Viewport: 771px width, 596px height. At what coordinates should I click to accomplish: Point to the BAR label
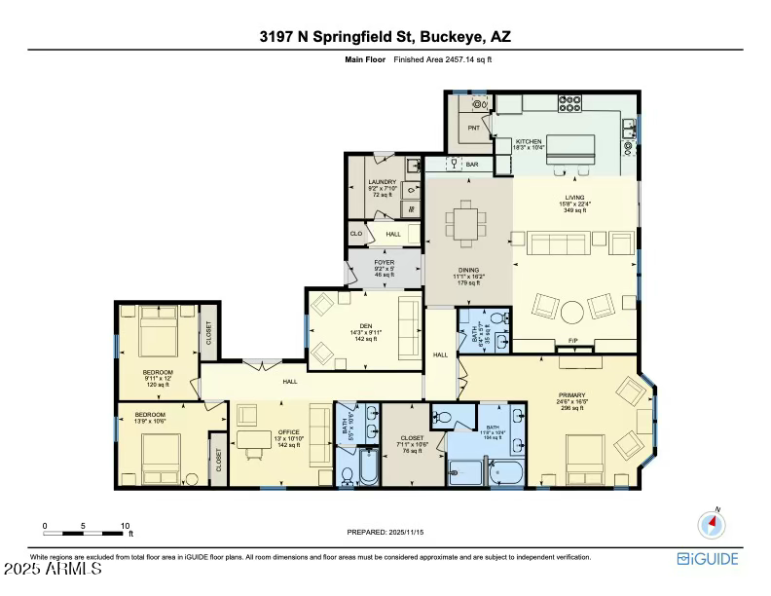click(x=472, y=166)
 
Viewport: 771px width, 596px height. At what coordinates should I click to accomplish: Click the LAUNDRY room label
click(x=380, y=183)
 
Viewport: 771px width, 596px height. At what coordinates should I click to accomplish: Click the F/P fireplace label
click(x=573, y=342)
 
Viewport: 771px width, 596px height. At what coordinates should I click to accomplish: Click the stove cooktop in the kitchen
click(x=569, y=102)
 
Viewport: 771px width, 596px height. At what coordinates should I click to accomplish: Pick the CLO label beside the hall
click(x=356, y=235)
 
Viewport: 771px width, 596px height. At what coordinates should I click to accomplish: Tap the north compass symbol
click(x=712, y=524)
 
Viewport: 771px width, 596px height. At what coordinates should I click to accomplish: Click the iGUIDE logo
click(x=708, y=559)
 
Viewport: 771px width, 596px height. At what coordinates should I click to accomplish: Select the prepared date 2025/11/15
click(x=385, y=532)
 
